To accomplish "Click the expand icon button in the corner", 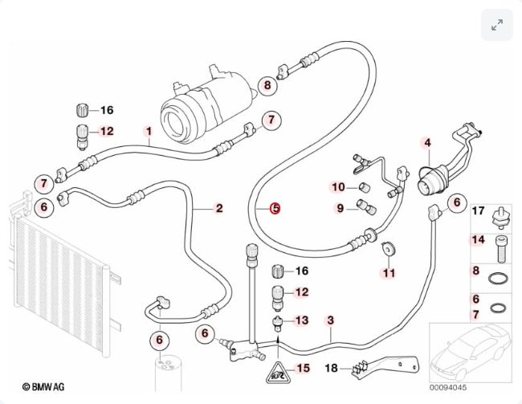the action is pos(497,25).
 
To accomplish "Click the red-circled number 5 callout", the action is pos(275,209).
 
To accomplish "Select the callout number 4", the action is pos(427,143).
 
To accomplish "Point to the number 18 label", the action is pos(331,368).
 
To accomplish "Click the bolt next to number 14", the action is pos(502,248).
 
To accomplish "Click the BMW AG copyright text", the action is pos(43,386).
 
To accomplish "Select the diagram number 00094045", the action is pos(448,387).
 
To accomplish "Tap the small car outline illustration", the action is pos(470,353).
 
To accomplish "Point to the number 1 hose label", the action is pos(149,131).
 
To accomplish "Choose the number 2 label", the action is pos(219,209).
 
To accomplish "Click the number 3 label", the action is pos(330,320).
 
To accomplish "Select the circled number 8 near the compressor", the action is pos(267,85).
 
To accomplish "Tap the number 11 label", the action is pos(389,273).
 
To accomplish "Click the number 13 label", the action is pos(302,320).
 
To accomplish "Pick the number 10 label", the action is pos(338,187).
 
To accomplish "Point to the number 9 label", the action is pos(340,208).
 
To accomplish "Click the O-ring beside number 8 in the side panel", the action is pos(499,278).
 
